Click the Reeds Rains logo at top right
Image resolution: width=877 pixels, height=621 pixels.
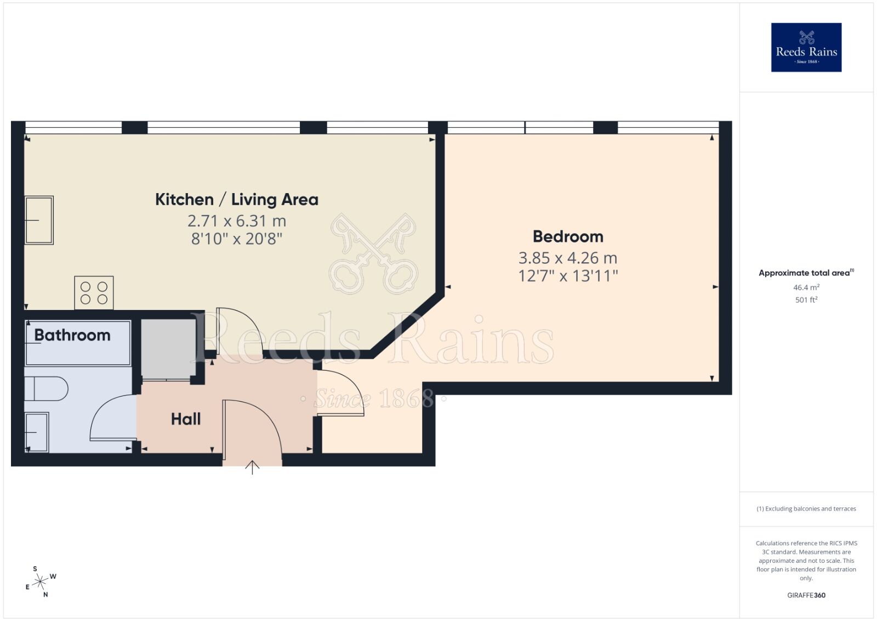(806, 47)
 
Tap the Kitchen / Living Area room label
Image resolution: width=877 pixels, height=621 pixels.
(236, 200)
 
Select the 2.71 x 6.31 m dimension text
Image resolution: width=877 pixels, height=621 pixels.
(236, 221)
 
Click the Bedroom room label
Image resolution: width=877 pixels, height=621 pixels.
(568, 237)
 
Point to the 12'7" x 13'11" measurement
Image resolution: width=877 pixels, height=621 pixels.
(568, 276)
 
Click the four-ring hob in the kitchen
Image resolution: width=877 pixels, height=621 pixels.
(94, 293)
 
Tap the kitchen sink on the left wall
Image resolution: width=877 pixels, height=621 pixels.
(39, 220)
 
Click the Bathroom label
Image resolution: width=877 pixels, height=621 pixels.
(72, 335)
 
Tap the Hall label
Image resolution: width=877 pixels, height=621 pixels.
(185, 420)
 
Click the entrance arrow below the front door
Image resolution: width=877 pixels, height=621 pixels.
(252, 467)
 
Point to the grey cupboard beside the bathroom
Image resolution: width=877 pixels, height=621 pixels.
(168, 348)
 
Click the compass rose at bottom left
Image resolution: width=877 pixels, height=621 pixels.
(40, 582)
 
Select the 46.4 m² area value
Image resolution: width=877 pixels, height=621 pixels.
(806, 287)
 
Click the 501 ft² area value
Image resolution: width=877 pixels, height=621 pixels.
(806, 300)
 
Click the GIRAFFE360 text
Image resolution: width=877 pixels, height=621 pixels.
(806, 595)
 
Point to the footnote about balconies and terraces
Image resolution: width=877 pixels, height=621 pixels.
(806, 509)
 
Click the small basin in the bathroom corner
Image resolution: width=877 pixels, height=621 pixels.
(37, 432)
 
